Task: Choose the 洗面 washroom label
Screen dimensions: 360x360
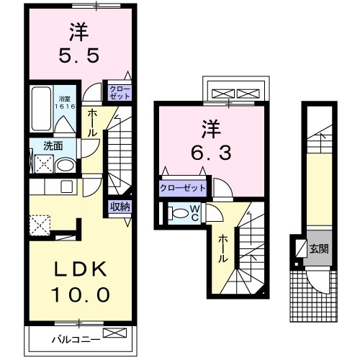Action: pyautogui.click(x=53, y=145)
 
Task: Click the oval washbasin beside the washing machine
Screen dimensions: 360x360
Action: pyautogui.click(x=64, y=165)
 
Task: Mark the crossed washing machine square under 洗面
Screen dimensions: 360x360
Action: pyautogui.click(x=42, y=165)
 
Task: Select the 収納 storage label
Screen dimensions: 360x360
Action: pyautogui.click(x=120, y=207)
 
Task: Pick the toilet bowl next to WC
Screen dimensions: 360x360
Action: pyautogui.click(x=178, y=214)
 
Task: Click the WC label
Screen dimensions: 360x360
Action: pyautogui.click(x=194, y=212)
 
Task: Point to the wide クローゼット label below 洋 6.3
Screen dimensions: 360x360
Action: pyautogui.click(x=183, y=188)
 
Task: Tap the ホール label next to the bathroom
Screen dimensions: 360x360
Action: pyautogui.click(x=94, y=125)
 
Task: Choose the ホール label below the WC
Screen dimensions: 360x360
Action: pyautogui.click(x=224, y=249)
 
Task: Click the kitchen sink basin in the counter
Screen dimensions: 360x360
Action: pyautogui.click(x=67, y=186)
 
